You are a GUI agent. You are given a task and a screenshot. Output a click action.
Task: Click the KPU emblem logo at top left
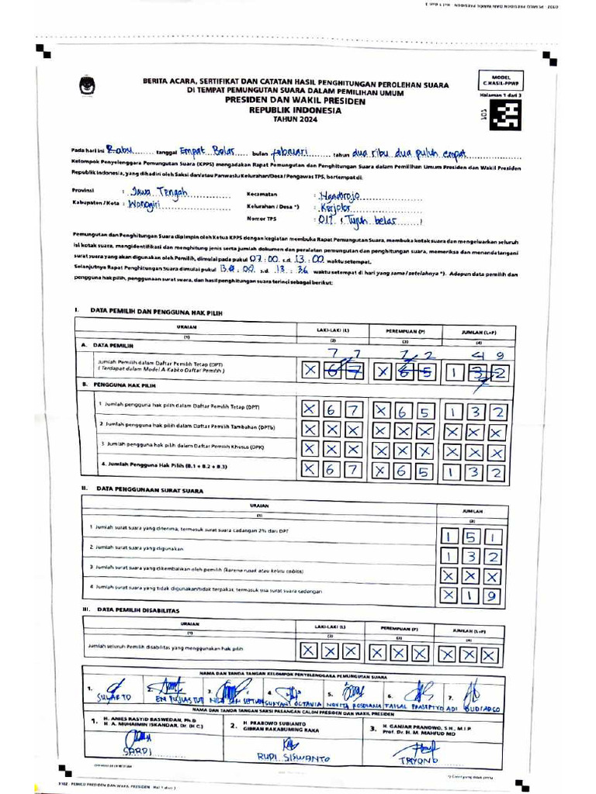84,85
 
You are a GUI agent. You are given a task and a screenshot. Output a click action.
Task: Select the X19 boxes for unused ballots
471,595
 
